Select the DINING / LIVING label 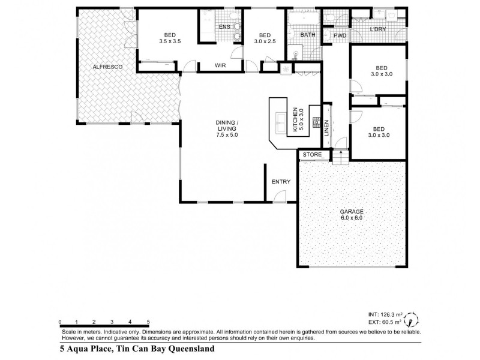227,128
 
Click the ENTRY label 281,182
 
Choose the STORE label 312,155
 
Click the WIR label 221,65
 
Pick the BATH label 308,35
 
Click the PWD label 340,35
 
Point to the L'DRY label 378,29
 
